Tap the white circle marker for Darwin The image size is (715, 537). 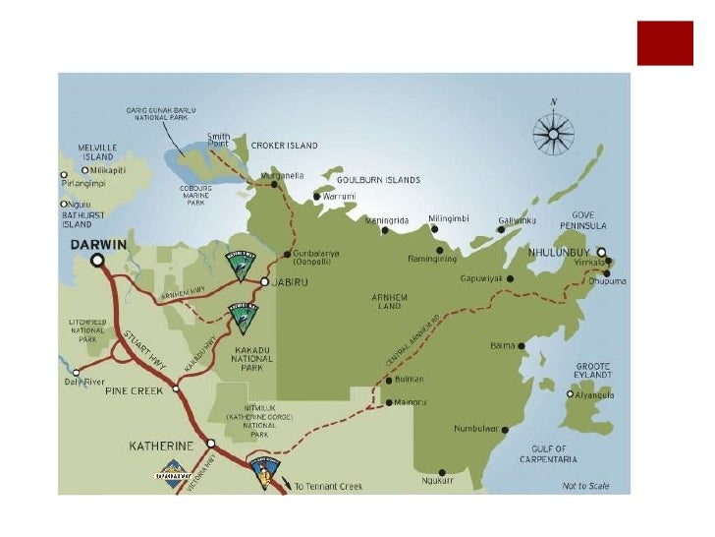point(97,261)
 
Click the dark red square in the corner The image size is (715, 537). point(665,43)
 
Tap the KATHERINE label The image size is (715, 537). point(164,446)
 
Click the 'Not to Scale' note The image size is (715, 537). point(585,486)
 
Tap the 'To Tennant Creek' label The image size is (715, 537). point(328,486)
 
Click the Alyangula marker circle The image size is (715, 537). point(570,393)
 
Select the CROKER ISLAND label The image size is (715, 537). point(285,146)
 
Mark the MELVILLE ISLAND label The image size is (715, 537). point(97,151)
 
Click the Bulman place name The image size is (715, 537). point(412,379)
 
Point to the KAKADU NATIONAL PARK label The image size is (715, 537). point(254,356)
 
